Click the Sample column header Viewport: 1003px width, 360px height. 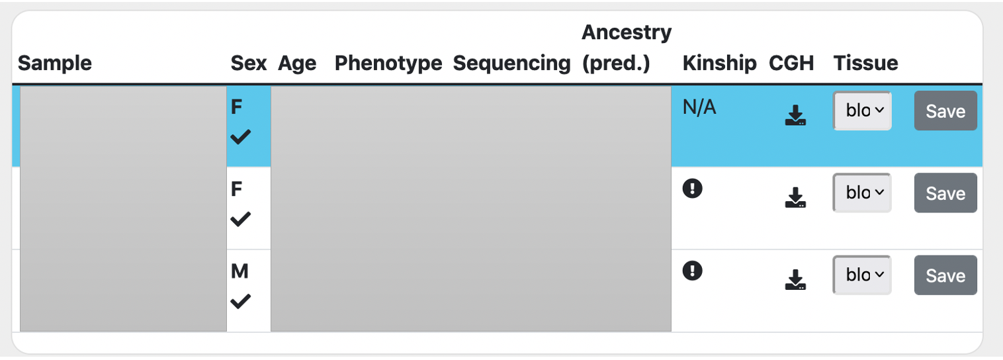55,64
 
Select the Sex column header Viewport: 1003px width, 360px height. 248,64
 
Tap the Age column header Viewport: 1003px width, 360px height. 297,64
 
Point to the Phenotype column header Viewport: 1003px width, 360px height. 388,64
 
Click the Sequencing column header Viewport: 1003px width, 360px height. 511,64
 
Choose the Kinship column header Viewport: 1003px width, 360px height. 719,64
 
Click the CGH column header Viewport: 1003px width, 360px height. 791,64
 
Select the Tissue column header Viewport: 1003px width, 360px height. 865,64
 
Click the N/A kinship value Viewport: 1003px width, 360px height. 699,108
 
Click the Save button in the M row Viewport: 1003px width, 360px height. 945,275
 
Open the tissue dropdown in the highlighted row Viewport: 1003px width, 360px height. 862,111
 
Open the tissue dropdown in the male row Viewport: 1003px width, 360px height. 862,275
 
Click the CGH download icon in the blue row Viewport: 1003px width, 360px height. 795,115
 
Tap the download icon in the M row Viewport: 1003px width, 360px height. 795,279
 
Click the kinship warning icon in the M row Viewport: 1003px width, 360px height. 692,271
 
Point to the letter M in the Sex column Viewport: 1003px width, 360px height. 240,272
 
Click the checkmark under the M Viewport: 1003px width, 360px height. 240,302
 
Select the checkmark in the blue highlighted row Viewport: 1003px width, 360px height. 240,137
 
